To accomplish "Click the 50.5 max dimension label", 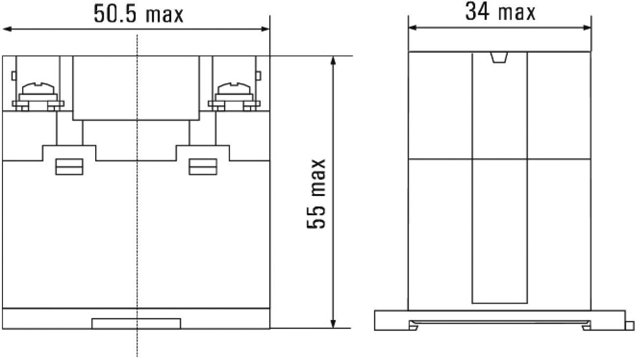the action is pyautogui.click(x=138, y=14).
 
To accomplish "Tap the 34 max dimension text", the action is pyautogui.click(x=500, y=12).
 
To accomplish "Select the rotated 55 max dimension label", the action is pyautogui.click(x=316, y=194).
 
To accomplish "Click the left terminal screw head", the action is pyautogui.click(x=38, y=88).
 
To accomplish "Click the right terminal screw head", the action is pyautogui.click(x=234, y=88).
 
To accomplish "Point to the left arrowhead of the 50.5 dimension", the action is pyautogui.click(x=7, y=29).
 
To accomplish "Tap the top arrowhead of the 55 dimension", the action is pyautogui.click(x=333, y=60).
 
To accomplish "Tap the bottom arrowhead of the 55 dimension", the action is pyautogui.click(x=333, y=324).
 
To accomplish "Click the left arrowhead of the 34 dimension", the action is pyautogui.click(x=413, y=28).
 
